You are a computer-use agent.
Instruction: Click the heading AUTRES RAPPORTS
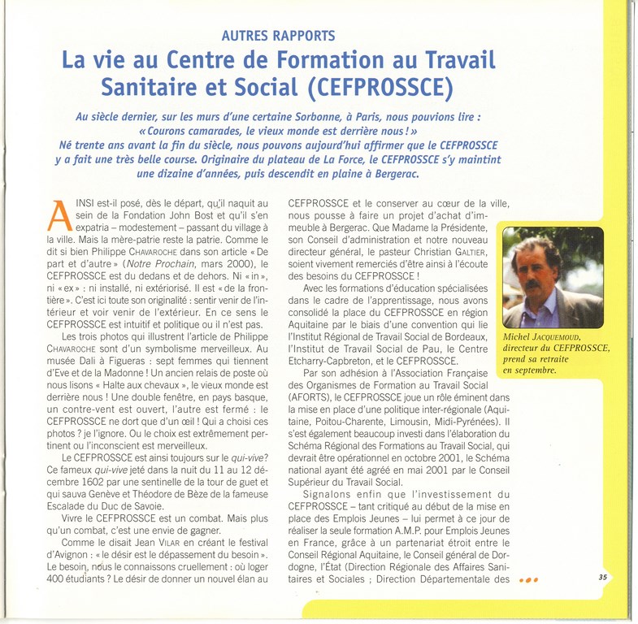(x=278, y=35)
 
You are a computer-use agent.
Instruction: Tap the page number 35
(x=603, y=578)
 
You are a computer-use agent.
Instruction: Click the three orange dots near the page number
(x=528, y=580)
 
